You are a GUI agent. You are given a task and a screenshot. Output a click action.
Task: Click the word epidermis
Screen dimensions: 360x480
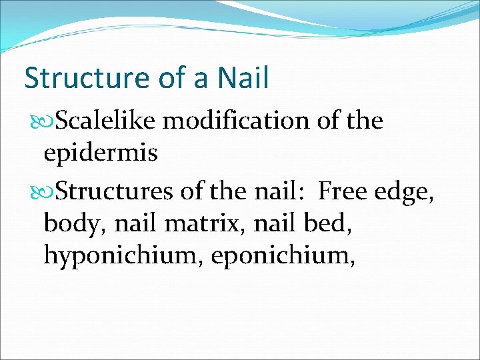click(100, 154)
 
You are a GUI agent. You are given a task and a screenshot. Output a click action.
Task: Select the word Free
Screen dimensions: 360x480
click(342, 192)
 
